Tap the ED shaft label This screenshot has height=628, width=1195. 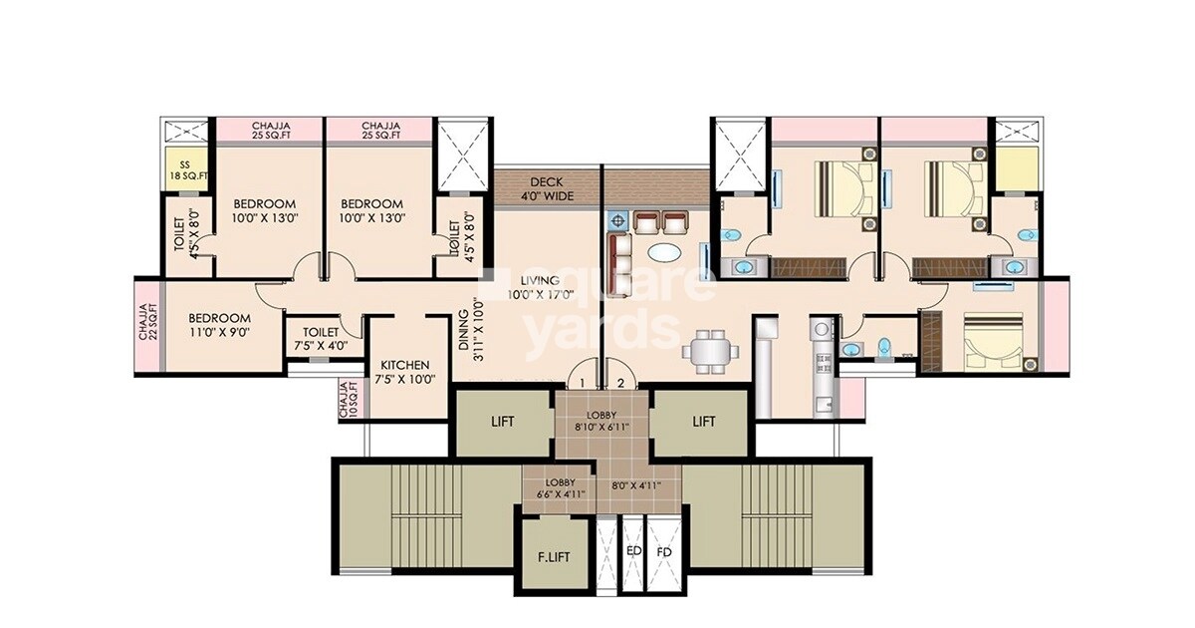click(x=633, y=550)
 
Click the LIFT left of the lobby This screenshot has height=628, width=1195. click(x=503, y=422)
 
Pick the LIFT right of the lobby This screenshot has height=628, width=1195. click(x=704, y=422)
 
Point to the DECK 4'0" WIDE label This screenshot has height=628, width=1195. click(x=547, y=188)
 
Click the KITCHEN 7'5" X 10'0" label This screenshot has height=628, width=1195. click(x=405, y=372)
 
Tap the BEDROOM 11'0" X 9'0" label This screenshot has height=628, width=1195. click(x=220, y=326)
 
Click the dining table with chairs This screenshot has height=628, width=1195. click(x=711, y=348)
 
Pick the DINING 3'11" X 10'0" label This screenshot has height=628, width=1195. click(x=470, y=339)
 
